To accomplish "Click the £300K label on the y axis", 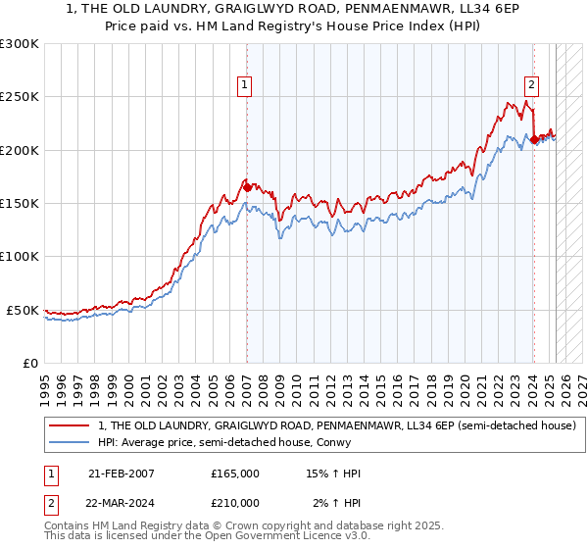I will [20, 44].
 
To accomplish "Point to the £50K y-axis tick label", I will [23, 310].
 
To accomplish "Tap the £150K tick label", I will [20, 203].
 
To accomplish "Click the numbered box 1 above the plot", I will [244, 85].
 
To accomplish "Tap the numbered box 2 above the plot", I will [531, 85].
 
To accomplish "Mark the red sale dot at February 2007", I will [246, 187].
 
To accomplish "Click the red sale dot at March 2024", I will [534, 140].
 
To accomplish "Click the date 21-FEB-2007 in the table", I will [122, 474].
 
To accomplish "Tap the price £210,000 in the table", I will [235, 503].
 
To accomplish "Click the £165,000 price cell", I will [235, 474].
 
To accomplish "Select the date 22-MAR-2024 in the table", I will [122, 503].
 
